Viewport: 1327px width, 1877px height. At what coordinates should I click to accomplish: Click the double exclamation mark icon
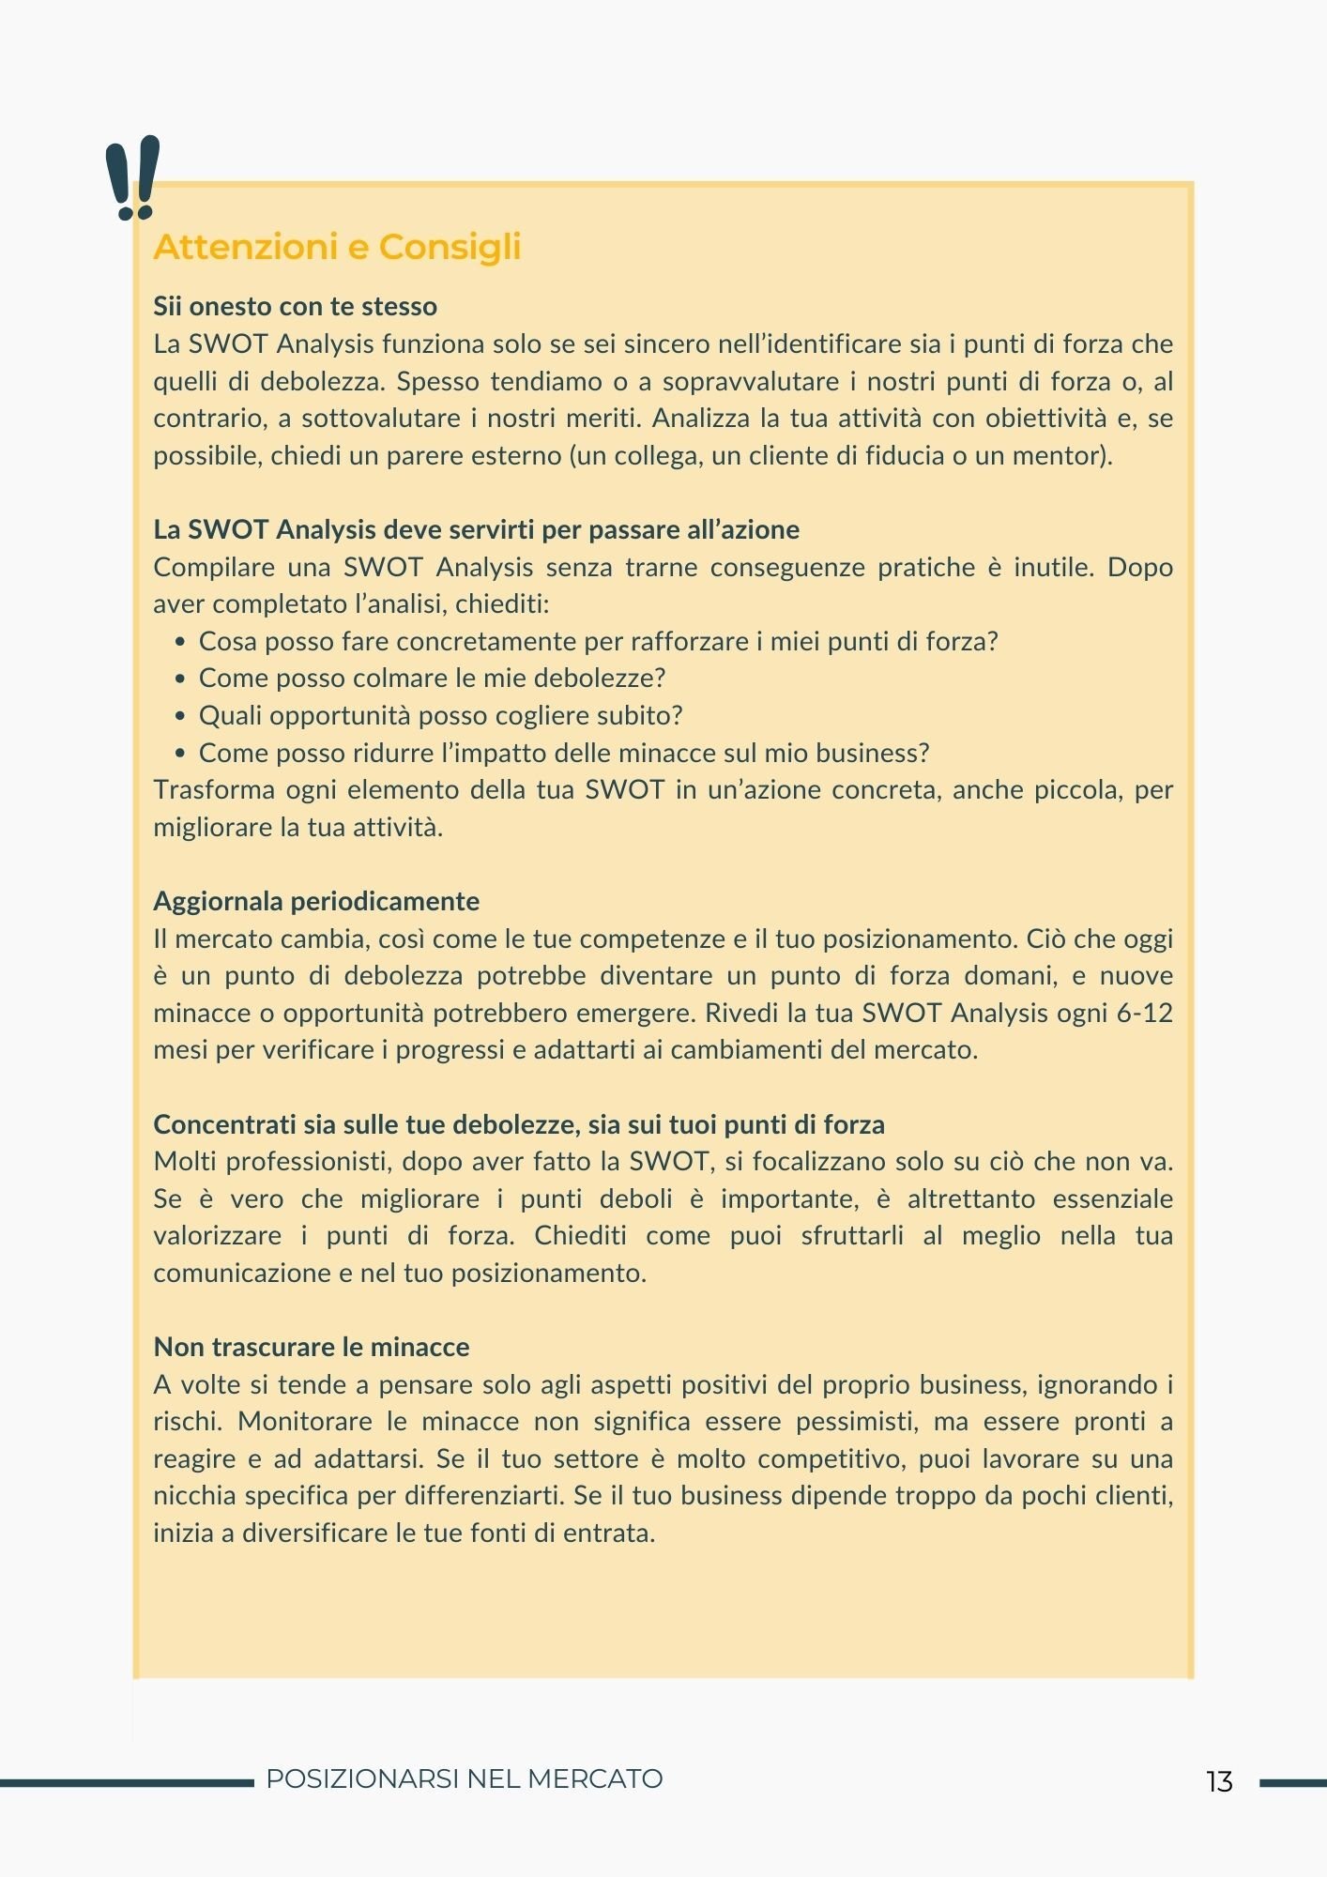(x=132, y=178)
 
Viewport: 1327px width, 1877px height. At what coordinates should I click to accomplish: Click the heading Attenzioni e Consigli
(x=337, y=247)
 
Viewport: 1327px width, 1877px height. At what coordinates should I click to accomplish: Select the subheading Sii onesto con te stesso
(x=295, y=307)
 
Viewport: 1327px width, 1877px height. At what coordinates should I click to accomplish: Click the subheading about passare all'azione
(x=476, y=529)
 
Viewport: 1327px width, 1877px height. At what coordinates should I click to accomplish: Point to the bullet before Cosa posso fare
(x=180, y=643)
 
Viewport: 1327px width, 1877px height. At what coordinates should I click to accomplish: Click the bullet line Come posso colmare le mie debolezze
(x=432, y=679)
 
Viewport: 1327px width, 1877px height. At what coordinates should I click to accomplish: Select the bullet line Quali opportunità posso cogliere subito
(x=440, y=716)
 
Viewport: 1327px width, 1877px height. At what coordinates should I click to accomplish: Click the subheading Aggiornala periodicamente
(x=316, y=901)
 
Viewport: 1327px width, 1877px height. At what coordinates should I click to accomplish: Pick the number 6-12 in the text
(x=1144, y=1014)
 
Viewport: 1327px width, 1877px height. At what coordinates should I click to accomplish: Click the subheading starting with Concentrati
(x=519, y=1124)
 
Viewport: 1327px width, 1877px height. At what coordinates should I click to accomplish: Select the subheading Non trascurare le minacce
(x=311, y=1347)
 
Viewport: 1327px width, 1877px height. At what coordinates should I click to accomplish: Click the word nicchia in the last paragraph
(x=194, y=1496)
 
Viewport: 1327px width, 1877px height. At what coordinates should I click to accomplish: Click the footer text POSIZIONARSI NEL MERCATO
(x=465, y=1779)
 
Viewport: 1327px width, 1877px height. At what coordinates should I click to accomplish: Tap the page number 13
(x=1219, y=1781)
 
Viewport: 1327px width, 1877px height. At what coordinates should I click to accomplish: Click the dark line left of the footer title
(x=127, y=1782)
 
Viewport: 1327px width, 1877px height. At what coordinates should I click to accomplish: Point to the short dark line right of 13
(x=1292, y=1782)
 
